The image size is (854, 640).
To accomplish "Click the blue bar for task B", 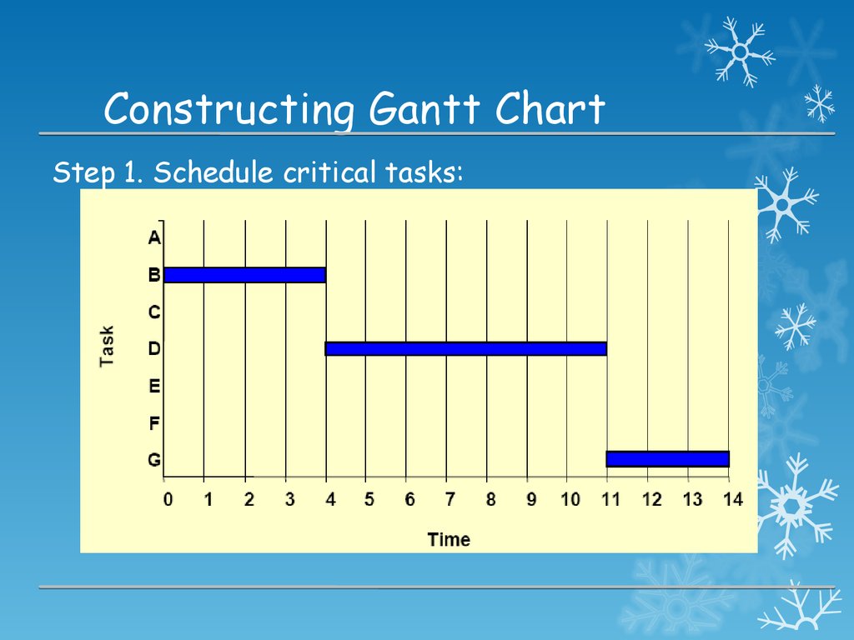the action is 245,275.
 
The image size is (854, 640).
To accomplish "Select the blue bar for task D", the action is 466,349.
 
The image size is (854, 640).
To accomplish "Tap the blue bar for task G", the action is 668,459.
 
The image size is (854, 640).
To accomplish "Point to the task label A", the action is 154,237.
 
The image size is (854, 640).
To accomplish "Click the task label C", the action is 154,312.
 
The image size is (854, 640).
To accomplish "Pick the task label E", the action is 154,386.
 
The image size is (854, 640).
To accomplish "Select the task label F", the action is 154,422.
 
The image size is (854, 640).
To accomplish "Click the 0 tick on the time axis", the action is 168,499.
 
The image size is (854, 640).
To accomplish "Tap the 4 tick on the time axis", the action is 330,499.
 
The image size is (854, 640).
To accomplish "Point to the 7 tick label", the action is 450,499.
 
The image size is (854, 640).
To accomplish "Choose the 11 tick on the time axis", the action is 611,499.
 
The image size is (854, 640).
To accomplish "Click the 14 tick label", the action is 733,499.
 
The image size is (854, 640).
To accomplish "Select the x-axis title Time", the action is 449,539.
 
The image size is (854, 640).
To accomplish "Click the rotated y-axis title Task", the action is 107,346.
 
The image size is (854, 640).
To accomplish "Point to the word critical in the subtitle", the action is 329,172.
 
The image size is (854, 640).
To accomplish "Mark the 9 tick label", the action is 531,499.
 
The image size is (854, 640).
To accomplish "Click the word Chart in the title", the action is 550,108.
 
